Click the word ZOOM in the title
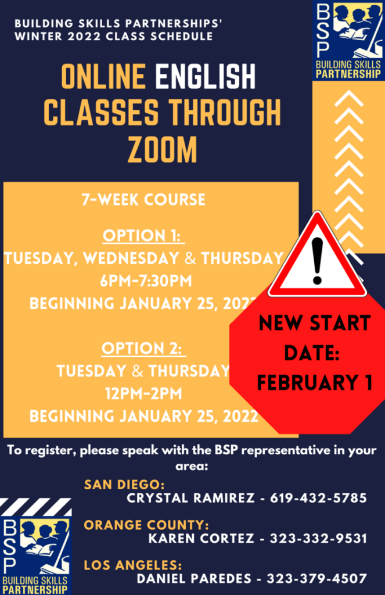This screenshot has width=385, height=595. pos(163,150)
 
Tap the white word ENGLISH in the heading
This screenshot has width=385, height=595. pos(205,77)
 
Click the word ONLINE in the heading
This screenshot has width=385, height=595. pos(103,77)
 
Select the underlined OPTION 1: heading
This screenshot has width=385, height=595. pos(143,236)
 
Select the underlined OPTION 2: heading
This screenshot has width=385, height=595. pos(143,349)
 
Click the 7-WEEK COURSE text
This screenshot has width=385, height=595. pos(143,200)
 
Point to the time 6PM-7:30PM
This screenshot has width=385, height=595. pos(146,281)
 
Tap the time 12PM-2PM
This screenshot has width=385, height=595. pos(143,393)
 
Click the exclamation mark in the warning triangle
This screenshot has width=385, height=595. pos(317,261)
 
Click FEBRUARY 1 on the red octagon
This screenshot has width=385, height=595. pos(315,382)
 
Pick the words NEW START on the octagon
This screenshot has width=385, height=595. pos(315,323)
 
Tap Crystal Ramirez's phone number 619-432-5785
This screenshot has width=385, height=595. pos(318,498)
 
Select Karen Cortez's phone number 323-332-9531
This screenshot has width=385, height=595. pos(318,538)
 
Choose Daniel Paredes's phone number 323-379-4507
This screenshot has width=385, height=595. pos(316,578)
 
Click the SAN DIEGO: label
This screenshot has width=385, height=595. pos(124,485)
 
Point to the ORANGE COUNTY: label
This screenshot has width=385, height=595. pos(146,525)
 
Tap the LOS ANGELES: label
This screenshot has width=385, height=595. pos(133,565)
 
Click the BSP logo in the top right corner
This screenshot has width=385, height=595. pos(348,40)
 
